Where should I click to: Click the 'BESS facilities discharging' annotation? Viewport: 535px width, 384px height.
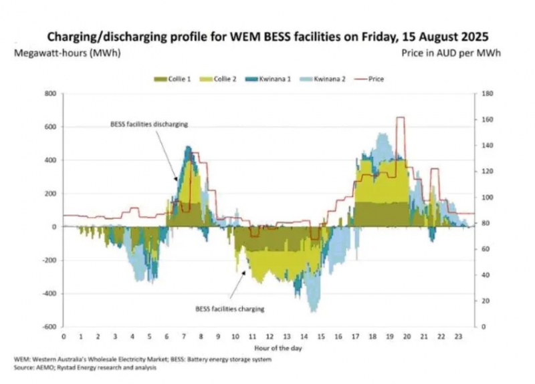[x=148, y=124]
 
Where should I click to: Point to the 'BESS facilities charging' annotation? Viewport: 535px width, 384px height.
[x=230, y=309]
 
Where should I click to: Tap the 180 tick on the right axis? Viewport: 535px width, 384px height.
[x=487, y=93]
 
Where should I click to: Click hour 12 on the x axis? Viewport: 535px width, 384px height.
[x=270, y=337]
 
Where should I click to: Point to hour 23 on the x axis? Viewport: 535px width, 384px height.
[x=458, y=337]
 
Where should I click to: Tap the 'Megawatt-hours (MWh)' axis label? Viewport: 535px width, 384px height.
[x=67, y=51]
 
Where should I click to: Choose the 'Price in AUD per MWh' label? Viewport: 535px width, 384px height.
[x=451, y=51]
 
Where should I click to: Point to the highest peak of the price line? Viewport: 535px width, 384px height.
[x=401, y=118]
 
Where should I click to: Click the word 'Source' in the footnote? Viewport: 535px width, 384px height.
[x=25, y=367]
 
